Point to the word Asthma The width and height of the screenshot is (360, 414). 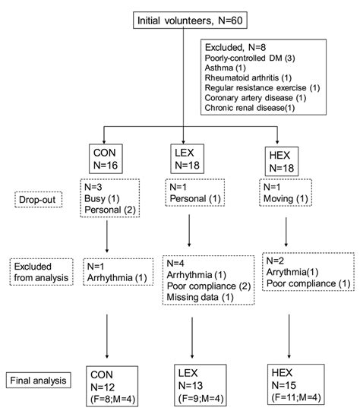[222, 70]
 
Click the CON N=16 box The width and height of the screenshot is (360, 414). [108, 158]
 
